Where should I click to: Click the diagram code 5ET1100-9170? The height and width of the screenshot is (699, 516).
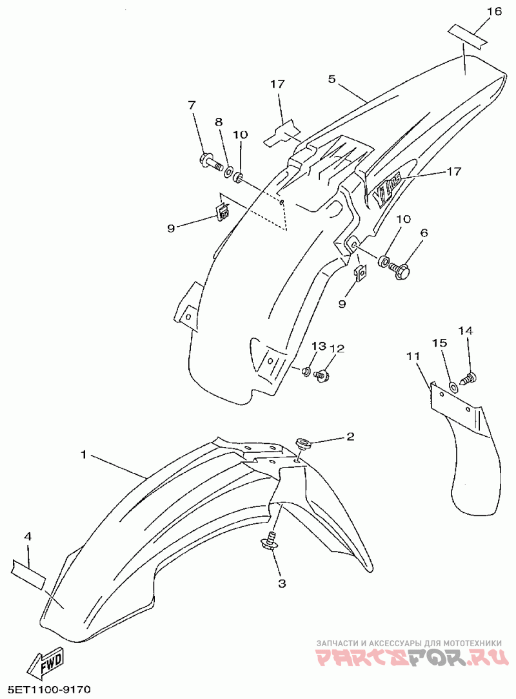point(46,689)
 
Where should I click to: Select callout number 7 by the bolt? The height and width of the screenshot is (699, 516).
point(192,105)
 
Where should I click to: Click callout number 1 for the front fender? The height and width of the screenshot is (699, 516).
point(83,454)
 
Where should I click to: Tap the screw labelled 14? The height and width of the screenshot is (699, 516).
point(470,378)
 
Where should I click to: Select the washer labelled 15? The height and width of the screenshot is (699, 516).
point(453,386)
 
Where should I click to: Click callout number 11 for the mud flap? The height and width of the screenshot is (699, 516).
point(413,356)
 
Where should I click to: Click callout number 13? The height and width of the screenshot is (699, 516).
point(319,346)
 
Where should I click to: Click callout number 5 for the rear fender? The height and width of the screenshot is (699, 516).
point(331,79)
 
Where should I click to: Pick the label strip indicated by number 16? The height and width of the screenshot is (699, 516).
point(468,35)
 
